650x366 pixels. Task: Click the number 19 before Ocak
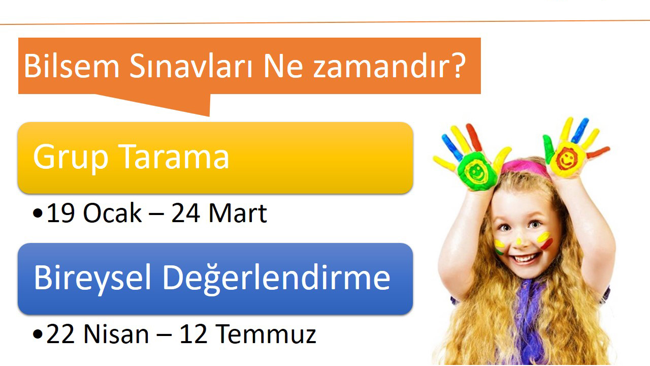click(x=61, y=213)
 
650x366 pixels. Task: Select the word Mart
click(x=238, y=213)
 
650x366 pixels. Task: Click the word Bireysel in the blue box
click(x=93, y=279)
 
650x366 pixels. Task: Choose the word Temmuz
click(x=266, y=334)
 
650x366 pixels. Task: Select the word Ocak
click(x=112, y=213)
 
